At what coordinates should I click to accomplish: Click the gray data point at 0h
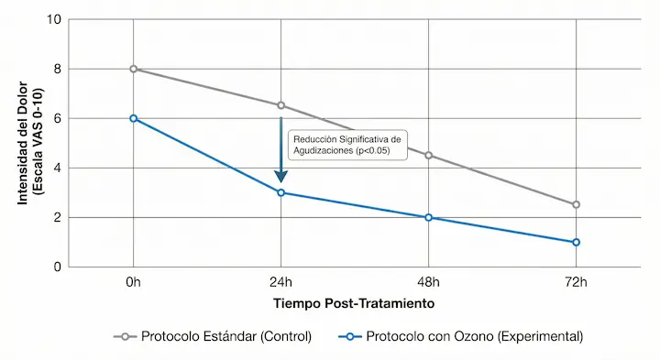click(x=134, y=69)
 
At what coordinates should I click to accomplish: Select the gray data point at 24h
click(x=281, y=105)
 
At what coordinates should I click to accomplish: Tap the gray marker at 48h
click(x=429, y=156)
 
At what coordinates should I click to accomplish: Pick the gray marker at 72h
click(x=576, y=205)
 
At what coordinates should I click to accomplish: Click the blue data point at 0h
click(x=134, y=118)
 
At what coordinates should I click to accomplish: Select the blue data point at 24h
click(x=281, y=192)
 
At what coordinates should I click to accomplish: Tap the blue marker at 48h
click(x=429, y=217)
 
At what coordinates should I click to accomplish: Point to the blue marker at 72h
click(x=576, y=242)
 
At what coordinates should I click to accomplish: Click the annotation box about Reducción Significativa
click(x=346, y=144)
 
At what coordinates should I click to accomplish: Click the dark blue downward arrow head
click(x=281, y=176)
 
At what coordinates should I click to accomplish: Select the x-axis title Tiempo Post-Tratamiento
click(x=353, y=301)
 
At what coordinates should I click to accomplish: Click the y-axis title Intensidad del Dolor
click(x=30, y=143)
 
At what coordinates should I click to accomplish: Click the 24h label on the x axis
click(x=281, y=281)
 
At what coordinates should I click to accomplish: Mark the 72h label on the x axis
click(x=576, y=281)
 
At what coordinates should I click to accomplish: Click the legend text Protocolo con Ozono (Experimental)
click(x=475, y=337)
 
